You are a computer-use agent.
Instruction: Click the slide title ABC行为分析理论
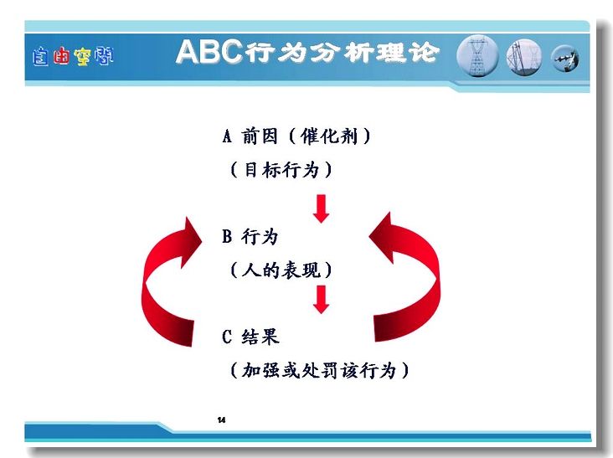307,51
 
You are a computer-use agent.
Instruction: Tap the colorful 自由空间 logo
73,57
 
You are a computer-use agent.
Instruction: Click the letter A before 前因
227,136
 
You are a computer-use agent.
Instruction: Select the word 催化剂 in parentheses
329,136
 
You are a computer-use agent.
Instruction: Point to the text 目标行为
281,170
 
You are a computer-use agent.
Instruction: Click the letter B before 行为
227,236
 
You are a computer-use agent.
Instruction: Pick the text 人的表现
281,270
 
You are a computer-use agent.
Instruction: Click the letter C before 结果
227,337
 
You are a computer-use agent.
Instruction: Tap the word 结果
260,337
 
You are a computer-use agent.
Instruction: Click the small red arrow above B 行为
322,208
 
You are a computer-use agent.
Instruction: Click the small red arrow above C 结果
322,300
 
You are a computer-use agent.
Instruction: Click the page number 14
222,420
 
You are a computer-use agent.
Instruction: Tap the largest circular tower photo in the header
477,56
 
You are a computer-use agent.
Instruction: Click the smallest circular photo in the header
565,59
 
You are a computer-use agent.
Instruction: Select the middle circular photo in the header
524,57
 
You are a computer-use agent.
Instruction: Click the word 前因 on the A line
260,136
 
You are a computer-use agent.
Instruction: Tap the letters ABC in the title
209,51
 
